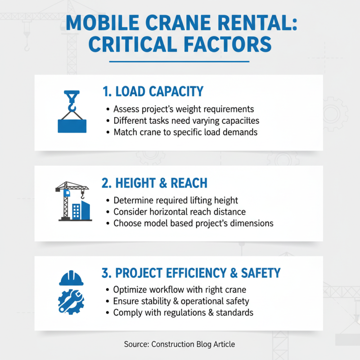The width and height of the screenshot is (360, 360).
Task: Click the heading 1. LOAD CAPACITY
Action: (x=153, y=92)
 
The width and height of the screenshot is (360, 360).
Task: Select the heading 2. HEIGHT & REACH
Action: (x=155, y=183)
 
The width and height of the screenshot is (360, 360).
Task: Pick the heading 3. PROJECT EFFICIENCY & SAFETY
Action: (x=192, y=273)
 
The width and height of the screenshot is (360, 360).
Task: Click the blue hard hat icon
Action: (x=71, y=278)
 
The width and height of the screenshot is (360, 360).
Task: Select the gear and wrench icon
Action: (x=71, y=301)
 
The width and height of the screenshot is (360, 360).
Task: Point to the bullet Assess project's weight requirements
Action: (x=184, y=109)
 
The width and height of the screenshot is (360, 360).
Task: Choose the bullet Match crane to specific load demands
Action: (x=185, y=132)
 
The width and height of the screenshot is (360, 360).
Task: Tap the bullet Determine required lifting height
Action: (x=175, y=200)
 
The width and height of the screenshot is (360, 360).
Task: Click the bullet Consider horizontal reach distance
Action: (x=180, y=211)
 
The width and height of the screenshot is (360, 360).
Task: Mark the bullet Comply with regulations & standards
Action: (x=183, y=312)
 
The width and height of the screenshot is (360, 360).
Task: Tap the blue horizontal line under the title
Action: (x=179, y=62)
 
